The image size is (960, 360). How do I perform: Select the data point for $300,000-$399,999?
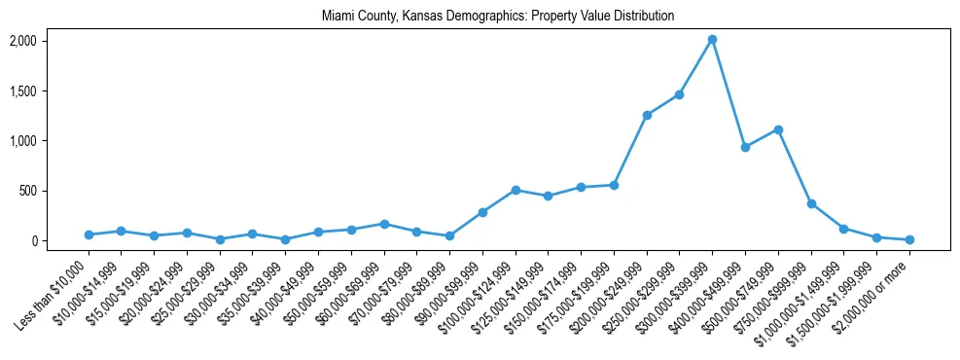coord(712,39)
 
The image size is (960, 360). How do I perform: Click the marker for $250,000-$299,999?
coord(679,94)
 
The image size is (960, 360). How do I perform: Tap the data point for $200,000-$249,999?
coord(647,115)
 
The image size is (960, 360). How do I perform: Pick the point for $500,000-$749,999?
coord(778,129)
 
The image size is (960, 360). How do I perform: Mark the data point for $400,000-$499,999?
coord(745,147)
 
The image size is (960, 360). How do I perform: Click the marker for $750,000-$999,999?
coord(811,203)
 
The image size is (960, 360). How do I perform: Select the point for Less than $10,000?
coord(89,234)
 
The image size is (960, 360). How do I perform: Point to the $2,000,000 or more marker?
coord(909,239)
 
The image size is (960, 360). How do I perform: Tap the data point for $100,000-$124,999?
coord(516,190)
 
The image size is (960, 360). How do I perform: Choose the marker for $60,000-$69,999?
coord(384,224)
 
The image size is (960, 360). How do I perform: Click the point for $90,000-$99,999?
coord(482,212)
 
